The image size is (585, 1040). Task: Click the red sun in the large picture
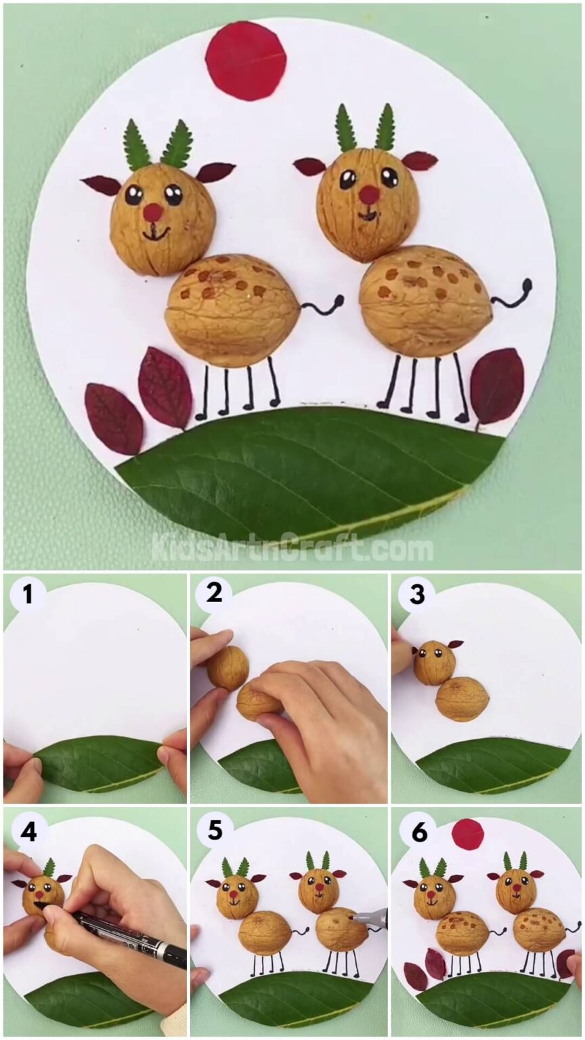[246, 60]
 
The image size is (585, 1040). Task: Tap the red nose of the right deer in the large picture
[369, 195]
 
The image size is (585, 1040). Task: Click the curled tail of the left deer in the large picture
[323, 305]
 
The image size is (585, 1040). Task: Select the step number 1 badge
[28, 595]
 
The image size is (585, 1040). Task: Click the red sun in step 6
[468, 833]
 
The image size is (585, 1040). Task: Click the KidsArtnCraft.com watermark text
[292, 547]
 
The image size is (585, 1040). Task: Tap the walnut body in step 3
[462, 698]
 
